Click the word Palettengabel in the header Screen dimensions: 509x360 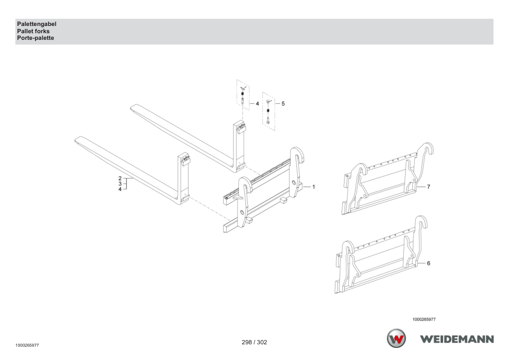[x=37, y=24]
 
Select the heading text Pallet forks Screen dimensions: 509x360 [x=33, y=31]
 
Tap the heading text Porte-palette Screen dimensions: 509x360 [x=36, y=38]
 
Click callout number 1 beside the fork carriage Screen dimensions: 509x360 [x=314, y=187]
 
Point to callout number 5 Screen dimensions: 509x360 [x=283, y=104]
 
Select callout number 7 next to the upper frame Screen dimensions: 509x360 [x=429, y=187]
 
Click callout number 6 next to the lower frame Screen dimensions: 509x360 [x=429, y=263]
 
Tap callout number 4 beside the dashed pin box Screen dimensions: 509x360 [x=258, y=104]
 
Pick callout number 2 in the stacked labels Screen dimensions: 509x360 [x=120, y=178]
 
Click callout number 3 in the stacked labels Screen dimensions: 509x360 [x=120, y=184]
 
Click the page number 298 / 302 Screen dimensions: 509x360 [x=254, y=342]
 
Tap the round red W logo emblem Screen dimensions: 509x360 [x=396, y=338]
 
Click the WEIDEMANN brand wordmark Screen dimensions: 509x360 [x=457, y=339]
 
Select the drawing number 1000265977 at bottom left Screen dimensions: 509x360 [x=27, y=346]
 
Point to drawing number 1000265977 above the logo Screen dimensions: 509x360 [x=424, y=320]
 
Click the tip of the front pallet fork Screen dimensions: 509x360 [x=76, y=140]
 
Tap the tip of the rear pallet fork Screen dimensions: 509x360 [x=132, y=108]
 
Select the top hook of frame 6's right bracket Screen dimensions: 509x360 [x=422, y=221]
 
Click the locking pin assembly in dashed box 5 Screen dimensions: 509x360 [x=268, y=112]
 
